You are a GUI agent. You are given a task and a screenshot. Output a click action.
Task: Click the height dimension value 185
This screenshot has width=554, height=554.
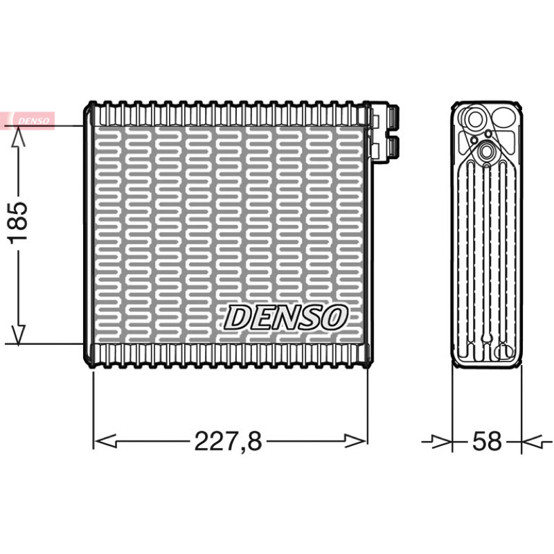pos(18,222)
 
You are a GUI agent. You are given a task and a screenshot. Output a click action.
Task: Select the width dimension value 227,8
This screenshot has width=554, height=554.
pos(229,441)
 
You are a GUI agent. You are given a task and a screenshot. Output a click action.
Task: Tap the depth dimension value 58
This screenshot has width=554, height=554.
pos(487,441)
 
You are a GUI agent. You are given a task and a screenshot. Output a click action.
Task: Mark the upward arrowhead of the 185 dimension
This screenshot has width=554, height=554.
pos(18,137)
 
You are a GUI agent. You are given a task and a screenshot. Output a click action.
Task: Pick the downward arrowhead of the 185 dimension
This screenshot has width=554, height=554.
pos(18,334)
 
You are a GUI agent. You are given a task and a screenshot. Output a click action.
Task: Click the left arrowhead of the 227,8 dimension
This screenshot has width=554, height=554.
pos(106,441)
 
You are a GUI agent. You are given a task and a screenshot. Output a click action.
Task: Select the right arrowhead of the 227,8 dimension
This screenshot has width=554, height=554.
pos(356,441)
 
